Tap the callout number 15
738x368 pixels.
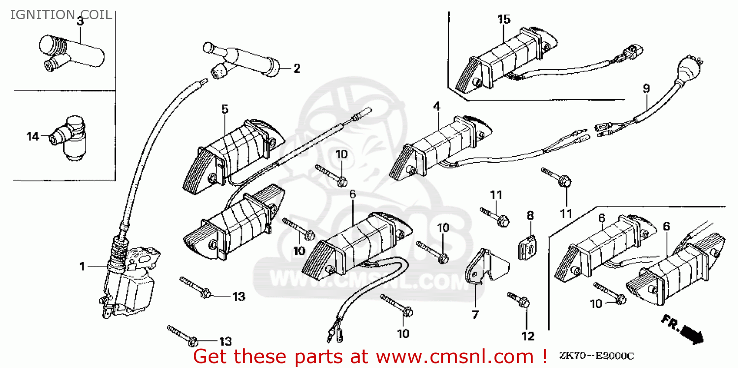point(504,20)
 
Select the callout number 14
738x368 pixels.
point(32,137)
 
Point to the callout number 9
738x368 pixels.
point(646,89)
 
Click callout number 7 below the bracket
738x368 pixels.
point(475,314)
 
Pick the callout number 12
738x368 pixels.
point(527,336)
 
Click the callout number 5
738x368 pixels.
point(225,109)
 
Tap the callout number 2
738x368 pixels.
point(297,69)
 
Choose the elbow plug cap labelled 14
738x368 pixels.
point(69,138)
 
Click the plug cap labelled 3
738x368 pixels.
point(74,52)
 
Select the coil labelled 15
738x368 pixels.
point(502,61)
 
